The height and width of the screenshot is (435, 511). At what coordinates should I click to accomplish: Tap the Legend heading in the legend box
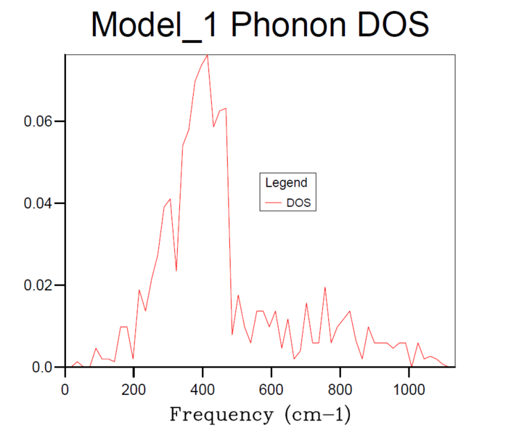click(286, 183)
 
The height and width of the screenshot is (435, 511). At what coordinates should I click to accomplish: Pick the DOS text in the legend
click(298, 203)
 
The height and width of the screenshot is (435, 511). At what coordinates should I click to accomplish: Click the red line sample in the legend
click(274, 203)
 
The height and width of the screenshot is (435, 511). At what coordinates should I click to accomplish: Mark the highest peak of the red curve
click(208, 55)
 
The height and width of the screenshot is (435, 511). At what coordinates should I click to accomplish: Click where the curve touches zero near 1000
click(412, 367)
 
